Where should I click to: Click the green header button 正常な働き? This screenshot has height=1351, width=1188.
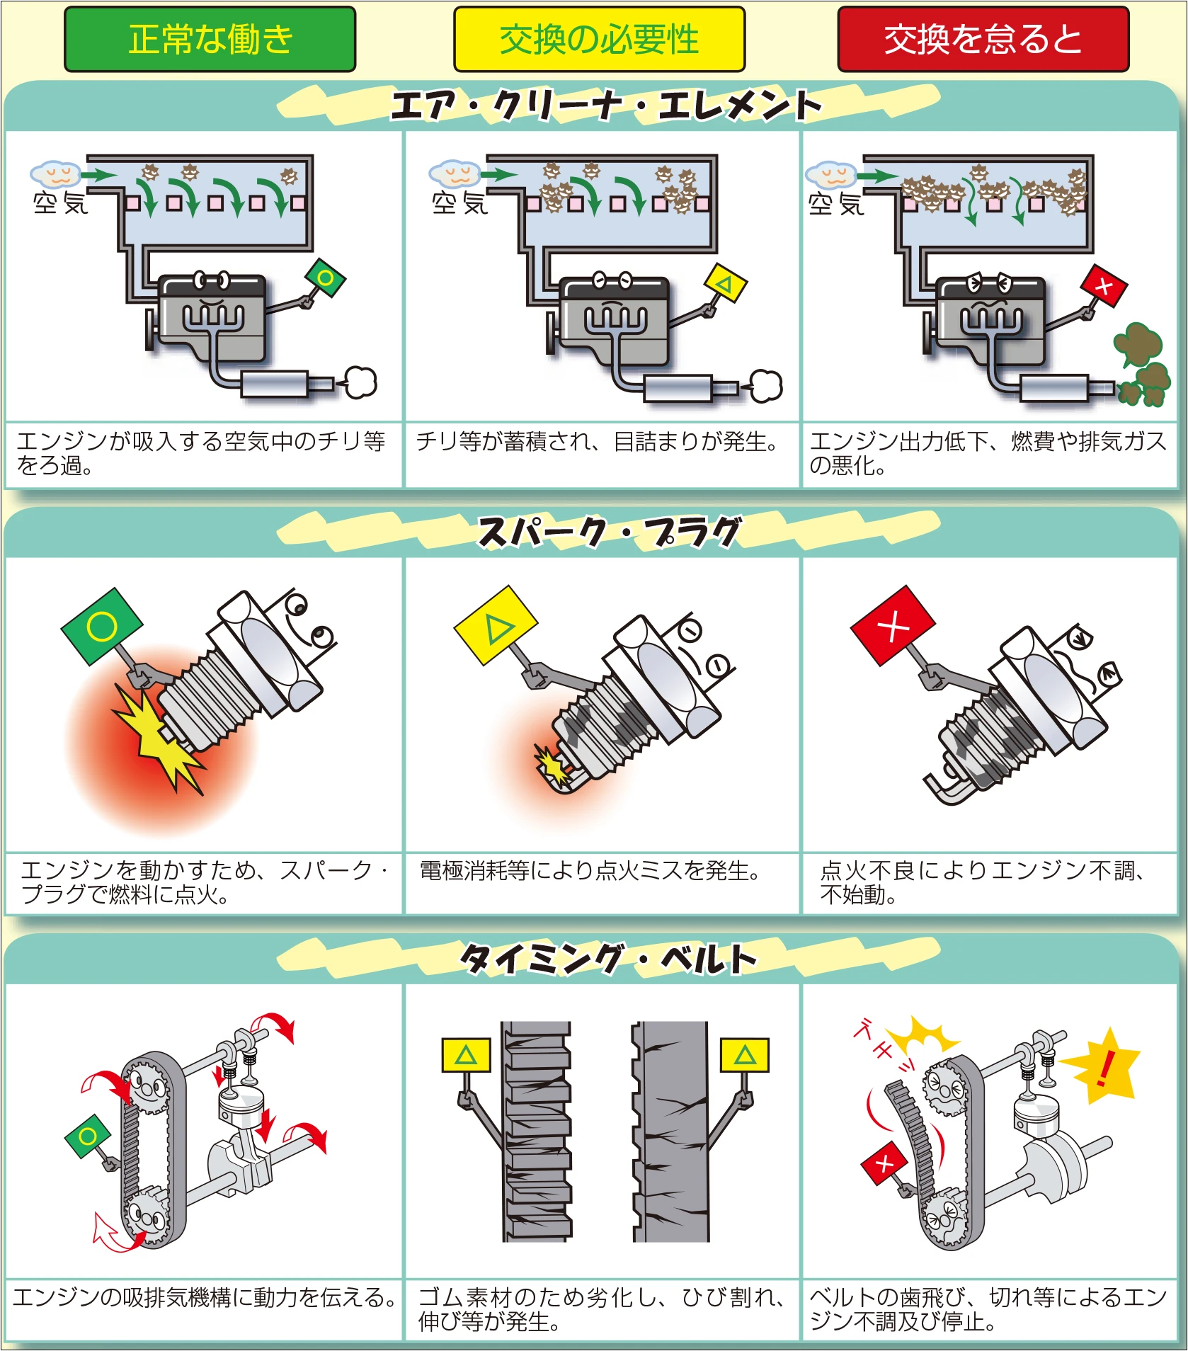(x=210, y=39)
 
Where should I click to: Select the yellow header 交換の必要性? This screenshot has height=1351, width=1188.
(x=599, y=39)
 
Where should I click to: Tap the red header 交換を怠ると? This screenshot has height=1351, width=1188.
(x=983, y=39)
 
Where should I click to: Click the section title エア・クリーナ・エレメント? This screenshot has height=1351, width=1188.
(x=607, y=106)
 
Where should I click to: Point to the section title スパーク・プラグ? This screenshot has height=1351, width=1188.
(x=609, y=532)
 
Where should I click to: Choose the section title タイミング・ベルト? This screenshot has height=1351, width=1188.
(x=609, y=959)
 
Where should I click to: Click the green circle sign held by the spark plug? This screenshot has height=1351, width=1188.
(x=102, y=626)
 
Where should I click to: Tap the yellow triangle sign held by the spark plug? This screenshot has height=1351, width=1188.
(x=496, y=625)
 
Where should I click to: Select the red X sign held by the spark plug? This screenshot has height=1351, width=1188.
(x=893, y=626)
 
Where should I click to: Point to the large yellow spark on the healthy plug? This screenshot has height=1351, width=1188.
(x=159, y=740)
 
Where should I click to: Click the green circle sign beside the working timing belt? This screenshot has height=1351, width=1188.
(x=88, y=1137)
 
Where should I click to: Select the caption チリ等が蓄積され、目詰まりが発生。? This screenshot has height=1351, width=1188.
(x=596, y=443)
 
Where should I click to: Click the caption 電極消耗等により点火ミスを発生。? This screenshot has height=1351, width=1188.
(x=589, y=870)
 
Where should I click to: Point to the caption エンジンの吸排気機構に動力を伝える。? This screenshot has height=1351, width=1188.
(x=204, y=1297)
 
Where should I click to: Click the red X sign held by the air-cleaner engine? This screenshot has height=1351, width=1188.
(x=1104, y=287)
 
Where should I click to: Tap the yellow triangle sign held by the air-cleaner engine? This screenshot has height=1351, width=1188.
(x=725, y=283)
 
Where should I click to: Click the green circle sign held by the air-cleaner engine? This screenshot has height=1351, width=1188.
(x=325, y=278)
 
